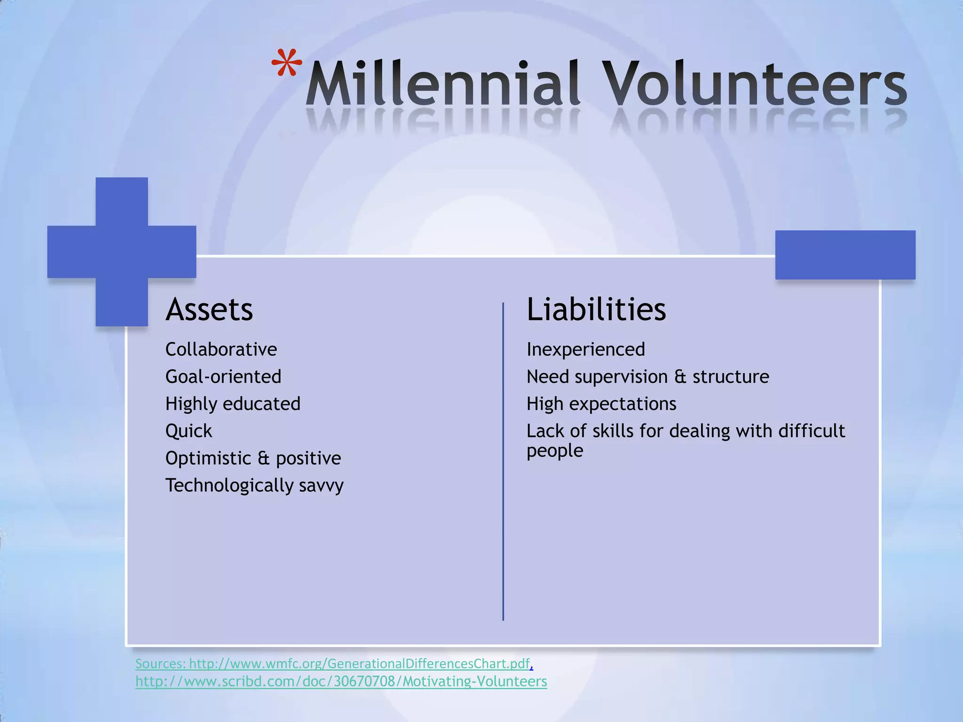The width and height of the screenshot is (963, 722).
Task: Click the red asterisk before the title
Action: coord(287,63)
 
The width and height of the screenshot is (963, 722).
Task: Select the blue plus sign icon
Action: coord(122,251)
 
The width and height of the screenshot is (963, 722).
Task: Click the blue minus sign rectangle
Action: coord(845,255)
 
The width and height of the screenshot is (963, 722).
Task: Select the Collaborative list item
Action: coord(221,349)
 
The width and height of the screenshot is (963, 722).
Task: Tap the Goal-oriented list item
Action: coord(223,377)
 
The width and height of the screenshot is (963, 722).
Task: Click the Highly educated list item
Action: coord(233,404)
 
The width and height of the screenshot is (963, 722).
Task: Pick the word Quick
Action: coord(189,431)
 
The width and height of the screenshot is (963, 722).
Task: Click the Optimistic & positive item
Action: coord(253,458)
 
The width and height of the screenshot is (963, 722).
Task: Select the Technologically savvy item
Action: coord(254,486)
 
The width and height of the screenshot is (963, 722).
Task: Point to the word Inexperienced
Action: coord(585,349)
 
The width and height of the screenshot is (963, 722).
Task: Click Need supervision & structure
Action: coord(647,377)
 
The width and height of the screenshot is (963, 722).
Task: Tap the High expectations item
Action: coord(601,404)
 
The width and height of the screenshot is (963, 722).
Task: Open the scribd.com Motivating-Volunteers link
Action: coord(341,682)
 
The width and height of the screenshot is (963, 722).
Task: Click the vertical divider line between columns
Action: coord(503,461)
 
